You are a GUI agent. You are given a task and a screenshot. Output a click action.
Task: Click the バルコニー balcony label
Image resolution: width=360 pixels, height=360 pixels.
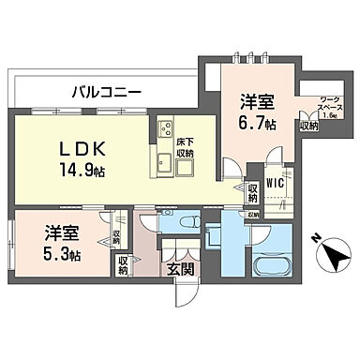pyautogui.click(x=107, y=93)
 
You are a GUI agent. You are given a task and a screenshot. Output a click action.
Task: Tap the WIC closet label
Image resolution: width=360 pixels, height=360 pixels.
pyautogui.click(x=275, y=184)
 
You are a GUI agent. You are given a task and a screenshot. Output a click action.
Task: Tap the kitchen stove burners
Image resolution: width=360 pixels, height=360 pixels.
pyautogui.click(x=165, y=129)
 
